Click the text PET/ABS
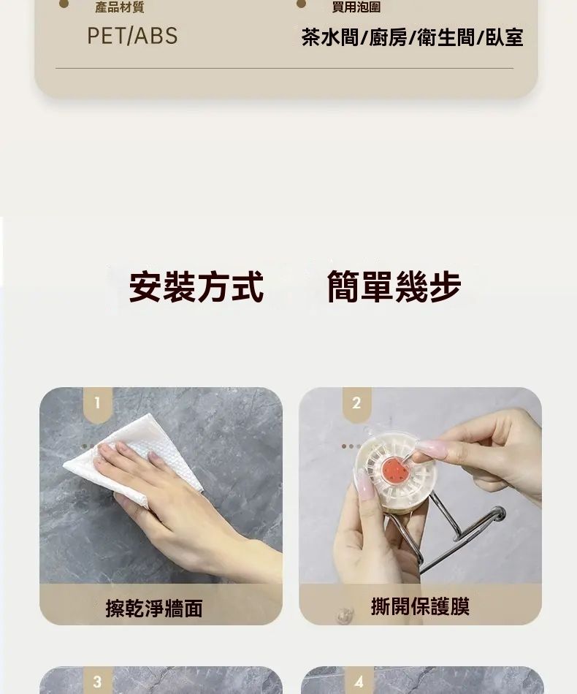tap(132, 36)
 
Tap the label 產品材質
tap(120, 7)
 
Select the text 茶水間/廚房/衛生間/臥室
tap(413, 37)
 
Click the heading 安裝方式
tap(196, 287)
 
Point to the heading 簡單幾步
tap(394, 287)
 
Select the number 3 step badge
tap(98, 681)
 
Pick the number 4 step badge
tap(359, 681)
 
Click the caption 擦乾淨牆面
tap(154, 608)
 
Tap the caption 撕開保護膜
tap(420, 606)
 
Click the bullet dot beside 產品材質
tap(64, 4)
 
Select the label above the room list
tap(356, 7)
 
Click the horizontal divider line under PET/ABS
tap(285, 69)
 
